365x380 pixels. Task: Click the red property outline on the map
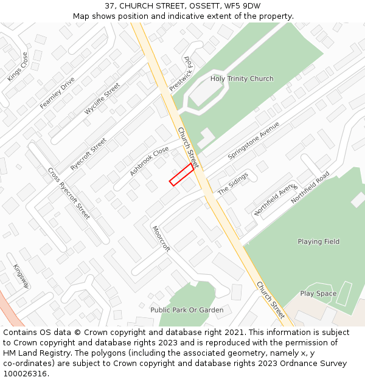[x=181, y=174]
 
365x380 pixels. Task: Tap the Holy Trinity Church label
[x=242, y=79]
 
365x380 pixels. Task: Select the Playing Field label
[x=318, y=242]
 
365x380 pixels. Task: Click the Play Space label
[x=318, y=294]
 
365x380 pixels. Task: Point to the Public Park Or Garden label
[x=187, y=310]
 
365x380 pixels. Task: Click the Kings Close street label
[x=18, y=67]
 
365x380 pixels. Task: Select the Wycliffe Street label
[x=102, y=99]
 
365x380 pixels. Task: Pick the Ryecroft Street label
[x=88, y=154]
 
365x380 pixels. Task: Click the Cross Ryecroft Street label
[x=69, y=193]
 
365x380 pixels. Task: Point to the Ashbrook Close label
[x=149, y=161]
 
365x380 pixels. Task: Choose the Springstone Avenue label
[x=254, y=140]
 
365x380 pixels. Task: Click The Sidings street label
[x=233, y=183]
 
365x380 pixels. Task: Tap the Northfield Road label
[x=310, y=187]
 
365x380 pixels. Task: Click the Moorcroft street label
[x=161, y=239]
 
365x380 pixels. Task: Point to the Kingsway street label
[x=21, y=276]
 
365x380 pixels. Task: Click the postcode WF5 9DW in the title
[x=243, y=6]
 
